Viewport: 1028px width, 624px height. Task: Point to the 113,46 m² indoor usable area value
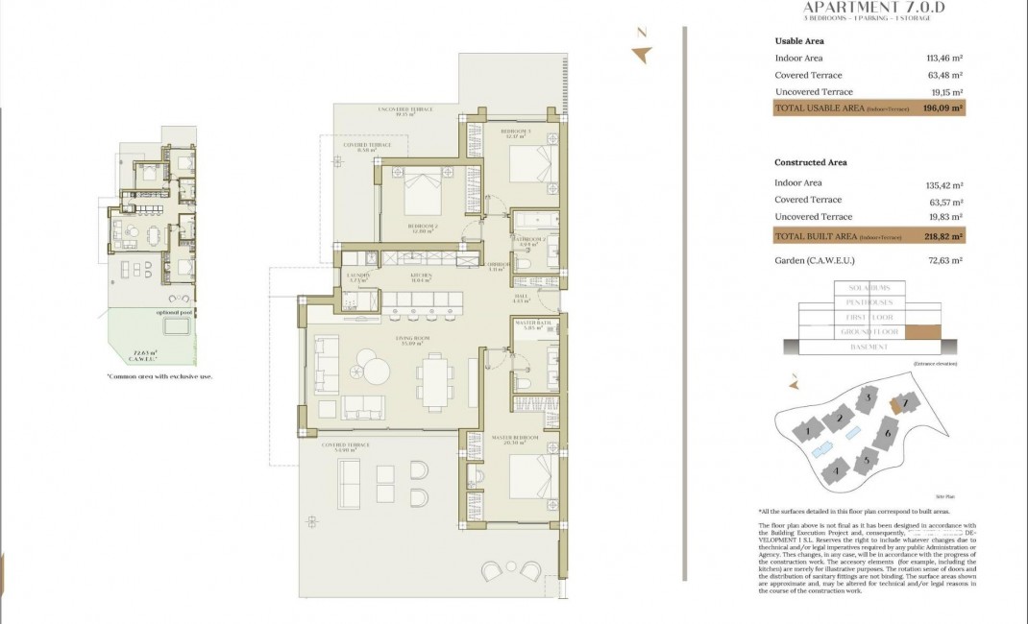click(x=943, y=59)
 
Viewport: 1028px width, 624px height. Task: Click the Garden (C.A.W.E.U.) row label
click(x=814, y=261)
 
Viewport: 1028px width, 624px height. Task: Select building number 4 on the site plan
click(x=836, y=470)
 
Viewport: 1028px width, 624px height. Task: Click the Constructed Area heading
click(x=810, y=162)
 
